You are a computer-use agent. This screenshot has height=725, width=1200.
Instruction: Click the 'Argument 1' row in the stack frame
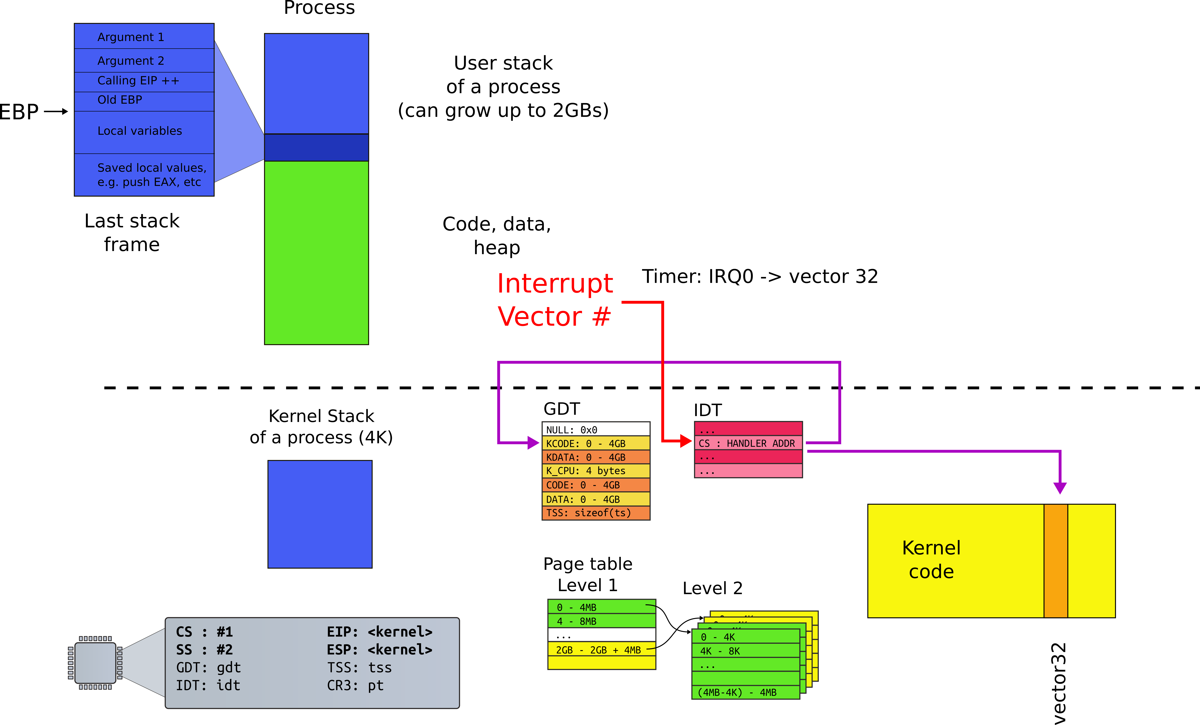[144, 37]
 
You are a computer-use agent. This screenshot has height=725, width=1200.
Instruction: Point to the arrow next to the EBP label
[56, 111]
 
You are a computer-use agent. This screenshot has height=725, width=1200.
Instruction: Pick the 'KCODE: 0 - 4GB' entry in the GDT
[596, 443]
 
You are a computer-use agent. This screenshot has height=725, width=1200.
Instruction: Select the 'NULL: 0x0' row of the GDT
[596, 429]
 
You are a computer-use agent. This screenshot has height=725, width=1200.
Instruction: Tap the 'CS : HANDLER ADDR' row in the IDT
[748, 443]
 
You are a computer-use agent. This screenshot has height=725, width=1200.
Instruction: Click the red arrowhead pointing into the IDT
[686, 441]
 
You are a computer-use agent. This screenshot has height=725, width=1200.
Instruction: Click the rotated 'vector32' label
[1059, 683]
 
